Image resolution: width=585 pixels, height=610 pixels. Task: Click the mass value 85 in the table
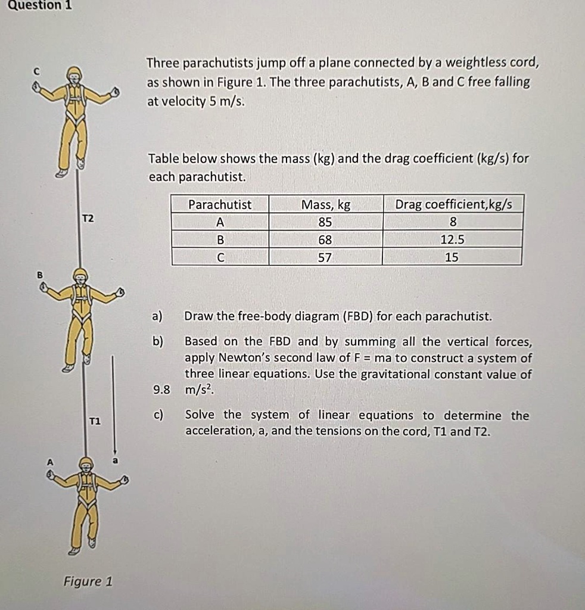click(x=325, y=222)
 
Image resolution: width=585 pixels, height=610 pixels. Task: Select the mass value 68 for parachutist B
click(x=325, y=240)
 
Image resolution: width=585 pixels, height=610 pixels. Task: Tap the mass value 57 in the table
click(x=325, y=257)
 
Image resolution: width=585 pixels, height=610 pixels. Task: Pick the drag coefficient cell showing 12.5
click(x=452, y=240)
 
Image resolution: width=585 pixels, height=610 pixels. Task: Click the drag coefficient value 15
click(x=452, y=257)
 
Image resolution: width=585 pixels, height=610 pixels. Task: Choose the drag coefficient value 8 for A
click(x=453, y=222)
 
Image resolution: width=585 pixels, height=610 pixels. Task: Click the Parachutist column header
click(x=220, y=205)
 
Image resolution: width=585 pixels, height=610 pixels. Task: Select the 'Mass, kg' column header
click(x=326, y=205)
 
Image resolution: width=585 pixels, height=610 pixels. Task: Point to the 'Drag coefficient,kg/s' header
click(x=453, y=205)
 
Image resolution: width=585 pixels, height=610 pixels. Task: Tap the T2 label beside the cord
click(x=88, y=219)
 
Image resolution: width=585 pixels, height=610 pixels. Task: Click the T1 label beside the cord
click(x=95, y=421)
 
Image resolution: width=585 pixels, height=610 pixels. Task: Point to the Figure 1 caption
click(x=88, y=581)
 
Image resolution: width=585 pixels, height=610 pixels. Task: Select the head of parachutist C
click(x=74, y=75)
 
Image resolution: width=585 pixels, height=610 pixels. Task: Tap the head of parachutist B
click(x=80, y=276)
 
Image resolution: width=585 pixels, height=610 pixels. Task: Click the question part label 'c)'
click(x=158, y=415)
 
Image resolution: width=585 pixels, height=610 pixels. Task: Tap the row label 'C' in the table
click(x=220, y=257)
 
